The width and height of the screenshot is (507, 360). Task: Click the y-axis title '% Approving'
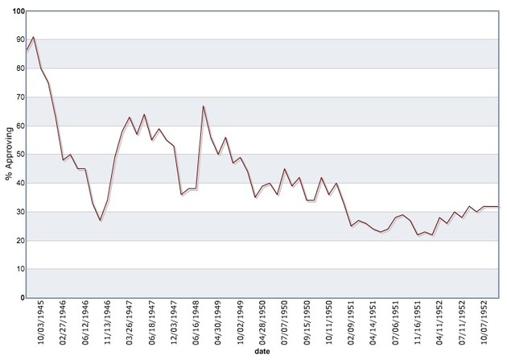point(9,155)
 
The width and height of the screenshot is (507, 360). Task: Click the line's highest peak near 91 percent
point(33,37)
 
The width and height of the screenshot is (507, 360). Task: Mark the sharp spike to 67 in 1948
point(204,106)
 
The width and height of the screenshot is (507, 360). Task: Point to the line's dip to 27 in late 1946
point(101,220)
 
